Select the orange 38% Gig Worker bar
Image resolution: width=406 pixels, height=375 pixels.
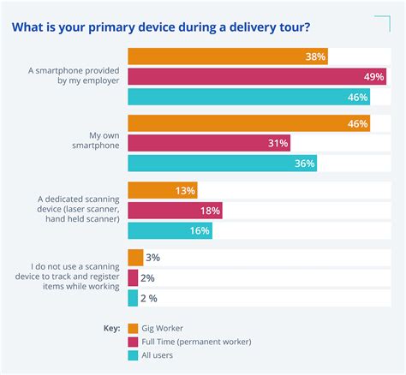pyautogui.click(x=227, y=57)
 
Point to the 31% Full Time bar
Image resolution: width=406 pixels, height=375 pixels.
pyautogui.click(x=208, y=143)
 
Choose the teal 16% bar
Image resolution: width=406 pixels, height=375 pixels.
pyautogui.click(x=170, y=230)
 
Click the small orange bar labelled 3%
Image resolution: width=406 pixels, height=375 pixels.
pyautogui.click(x=134, y=258)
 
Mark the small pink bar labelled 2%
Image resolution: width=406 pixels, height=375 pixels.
pyautogui.click(x=133, y=277)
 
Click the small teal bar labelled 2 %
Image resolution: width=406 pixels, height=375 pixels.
pyautogui.click(x=133, y=297)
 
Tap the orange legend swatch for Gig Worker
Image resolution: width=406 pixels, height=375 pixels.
pyautogui.click(x=133, y=327)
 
